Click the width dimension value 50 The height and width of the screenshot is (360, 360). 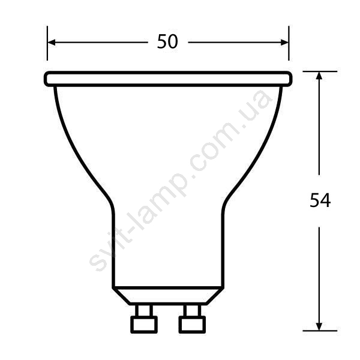click(167, 41)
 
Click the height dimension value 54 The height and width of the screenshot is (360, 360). click(320, 200)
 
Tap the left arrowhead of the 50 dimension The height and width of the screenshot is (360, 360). click(52, 43)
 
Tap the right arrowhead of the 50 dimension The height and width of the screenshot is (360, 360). click(284, 43)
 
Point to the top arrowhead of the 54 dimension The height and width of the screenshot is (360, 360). click(319, 76)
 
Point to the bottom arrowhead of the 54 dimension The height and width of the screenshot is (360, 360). click(319, 327)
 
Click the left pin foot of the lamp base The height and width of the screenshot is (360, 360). click(144, 325)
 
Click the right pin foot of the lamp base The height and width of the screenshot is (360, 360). click(192, 325)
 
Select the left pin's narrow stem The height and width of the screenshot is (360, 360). click(144, 310)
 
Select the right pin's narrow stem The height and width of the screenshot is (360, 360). click(193, 310)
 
